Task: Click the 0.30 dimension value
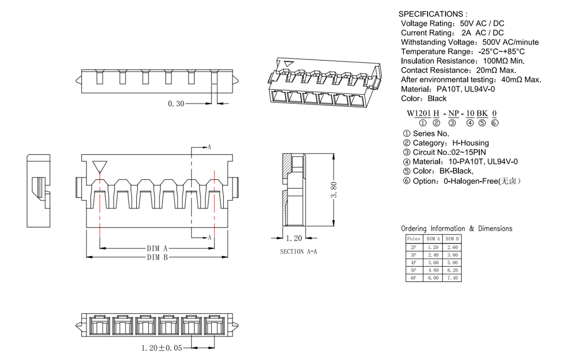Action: click(x=176, y=104)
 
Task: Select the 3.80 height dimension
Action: click(x=334, y=190)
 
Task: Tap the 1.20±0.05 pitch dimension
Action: click(x=162, y=348)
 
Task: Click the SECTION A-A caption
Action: click(x=298, y=252)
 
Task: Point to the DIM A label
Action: click(x=157, y=248)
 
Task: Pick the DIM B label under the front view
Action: click(x=157, y=257)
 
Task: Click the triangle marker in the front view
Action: click(x=100, y=167)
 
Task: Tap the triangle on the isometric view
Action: click(x=289, y=64)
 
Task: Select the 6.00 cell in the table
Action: click(x=433, y=278)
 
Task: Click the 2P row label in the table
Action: click(x=414, y=247)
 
